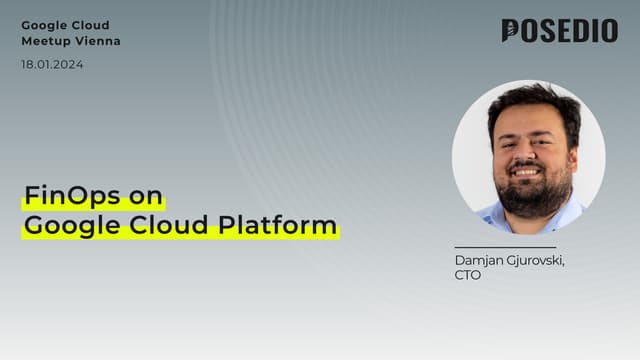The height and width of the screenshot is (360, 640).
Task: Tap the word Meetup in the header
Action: pyautogui.click(x=47, y=41)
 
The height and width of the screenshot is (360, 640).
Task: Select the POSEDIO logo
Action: pyautogui.click(x=559, y=31)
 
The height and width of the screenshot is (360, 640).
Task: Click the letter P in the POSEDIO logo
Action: pyautogui.click(x=511, y=31)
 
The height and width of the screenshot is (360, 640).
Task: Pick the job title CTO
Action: pyautogui.click(x=467, y=275)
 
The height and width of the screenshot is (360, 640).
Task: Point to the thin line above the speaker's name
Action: pyautogui.click(x=505, y=247)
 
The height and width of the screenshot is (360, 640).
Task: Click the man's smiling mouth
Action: pyautogui.click(x=530, y=172)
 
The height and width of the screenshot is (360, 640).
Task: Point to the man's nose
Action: pyautogui.click(x=530, y=153)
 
